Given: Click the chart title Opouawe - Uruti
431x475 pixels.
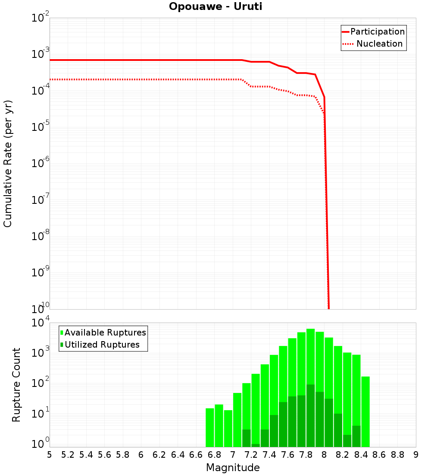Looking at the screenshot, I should pyautogui.click(x=215, y=7).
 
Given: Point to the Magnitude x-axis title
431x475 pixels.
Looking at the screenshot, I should pyautogui.click(x=233, y=468).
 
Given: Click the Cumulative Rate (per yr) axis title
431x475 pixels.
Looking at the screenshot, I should pyautogui.click(x=8, y=164).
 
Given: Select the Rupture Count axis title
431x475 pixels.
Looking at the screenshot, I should pyautogui.click(x=16, y=385).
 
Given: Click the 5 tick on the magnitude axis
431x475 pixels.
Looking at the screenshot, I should pyautogui.click(x=50, y=455).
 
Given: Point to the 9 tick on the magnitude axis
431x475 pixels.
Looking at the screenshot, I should pyautogui.click(x=416, y=455).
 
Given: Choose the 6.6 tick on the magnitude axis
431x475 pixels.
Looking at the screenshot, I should pyautogui.click(x=196, y=455).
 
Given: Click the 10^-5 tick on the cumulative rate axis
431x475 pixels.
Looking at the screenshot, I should pyautogui.click(x=41, y=127).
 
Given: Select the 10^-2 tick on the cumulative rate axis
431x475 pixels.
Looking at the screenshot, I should pyautogui.click(x=41, y=18).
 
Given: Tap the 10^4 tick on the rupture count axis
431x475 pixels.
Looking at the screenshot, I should pyautogui.click(x=41, y=323).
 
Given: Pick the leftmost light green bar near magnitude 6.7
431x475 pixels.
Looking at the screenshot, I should pyautogui.click(x=210, y=427).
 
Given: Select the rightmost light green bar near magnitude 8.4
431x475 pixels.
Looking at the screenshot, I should pyautogui.click(x=365, y=410).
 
